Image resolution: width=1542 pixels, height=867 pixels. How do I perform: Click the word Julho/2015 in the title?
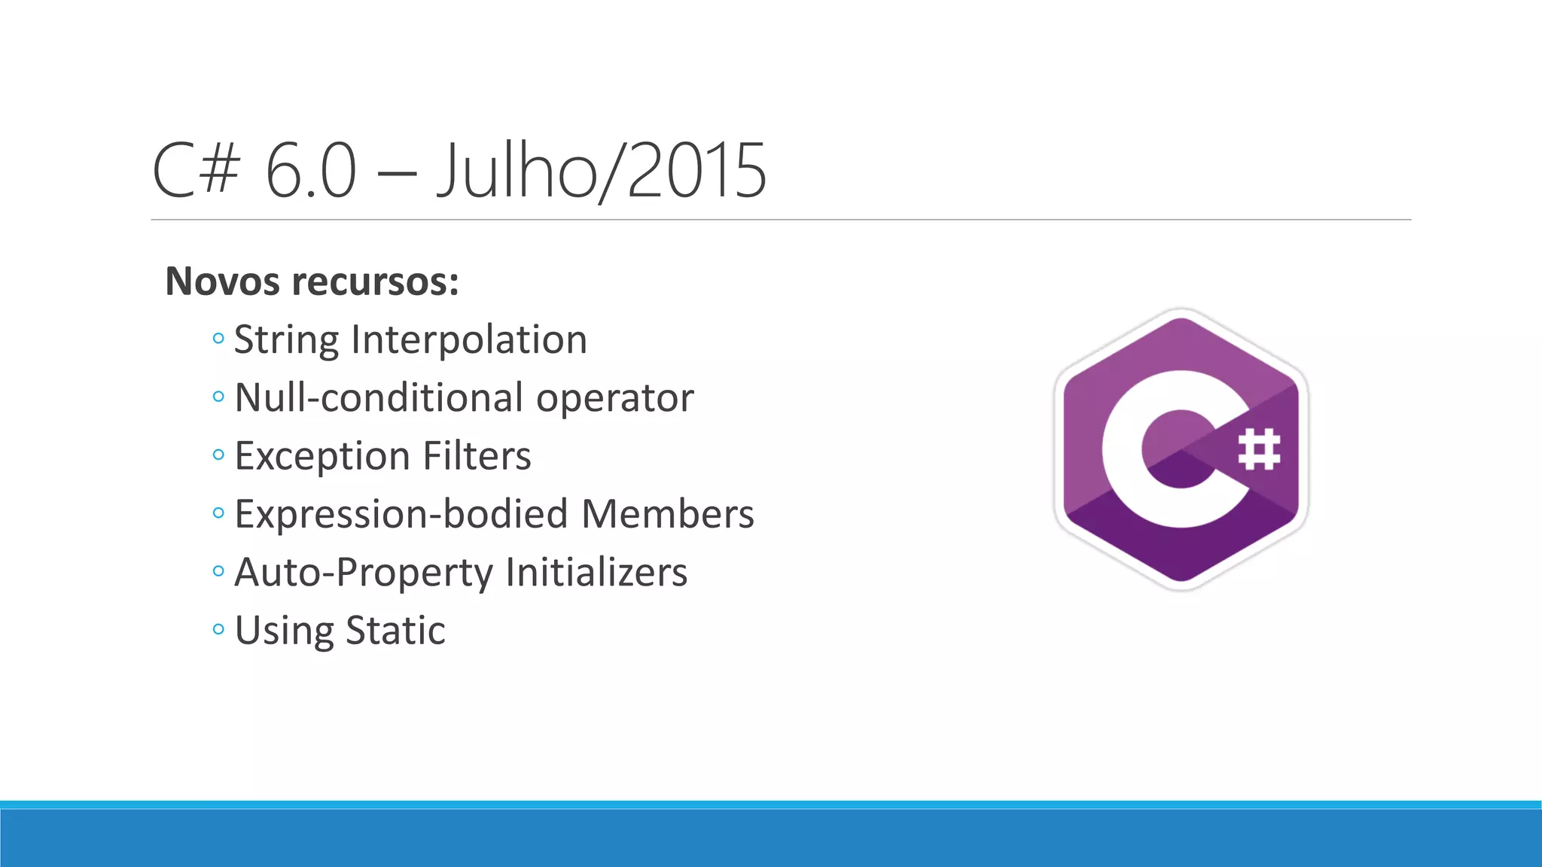602,172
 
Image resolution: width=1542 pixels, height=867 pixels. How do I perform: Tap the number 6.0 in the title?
310,172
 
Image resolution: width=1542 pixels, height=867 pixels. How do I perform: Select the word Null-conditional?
379,397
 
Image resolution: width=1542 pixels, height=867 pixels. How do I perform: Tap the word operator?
614,399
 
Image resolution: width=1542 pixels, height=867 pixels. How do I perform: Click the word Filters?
477,456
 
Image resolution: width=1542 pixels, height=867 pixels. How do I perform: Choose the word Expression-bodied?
401,515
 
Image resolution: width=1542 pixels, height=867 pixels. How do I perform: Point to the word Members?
667,514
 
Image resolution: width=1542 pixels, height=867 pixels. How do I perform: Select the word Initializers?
596,573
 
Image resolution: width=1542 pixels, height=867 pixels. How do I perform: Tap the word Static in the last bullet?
395,631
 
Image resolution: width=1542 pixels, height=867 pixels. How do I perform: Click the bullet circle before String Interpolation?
218,339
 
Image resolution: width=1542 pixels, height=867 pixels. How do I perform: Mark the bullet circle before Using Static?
218,629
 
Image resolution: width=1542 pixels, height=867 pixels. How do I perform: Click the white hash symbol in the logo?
1259,449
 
